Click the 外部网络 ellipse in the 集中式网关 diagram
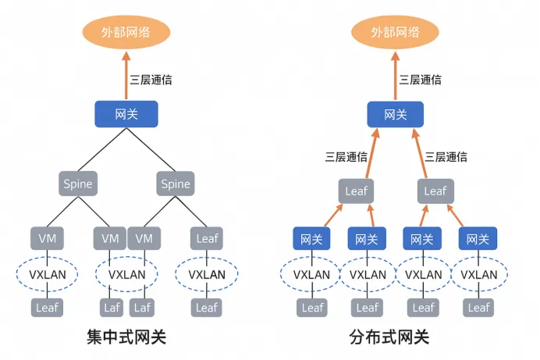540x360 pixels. click(x=126, y=33)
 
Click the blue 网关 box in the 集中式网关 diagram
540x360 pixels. click(x=126, y=115)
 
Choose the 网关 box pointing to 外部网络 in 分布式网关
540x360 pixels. click(x=395, y=115)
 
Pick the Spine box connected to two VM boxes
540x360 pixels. click(x=77, y=184)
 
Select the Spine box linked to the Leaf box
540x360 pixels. click(x=175, y=184)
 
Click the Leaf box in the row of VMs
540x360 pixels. click(x=207, y=238)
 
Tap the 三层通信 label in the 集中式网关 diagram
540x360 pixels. click(x=151, y=79)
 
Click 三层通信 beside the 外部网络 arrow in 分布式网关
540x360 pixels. click(x=421, y=79)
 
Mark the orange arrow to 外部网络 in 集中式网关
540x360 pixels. click(x=126, y=78)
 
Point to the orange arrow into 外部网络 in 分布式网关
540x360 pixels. click(x=395, y=78)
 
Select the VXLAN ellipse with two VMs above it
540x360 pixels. click(x=127, y=274)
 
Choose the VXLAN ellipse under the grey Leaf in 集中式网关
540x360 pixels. click(x=207, y=274)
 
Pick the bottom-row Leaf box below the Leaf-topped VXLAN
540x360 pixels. click(x=207, y=307)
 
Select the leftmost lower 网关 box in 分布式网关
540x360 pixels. click(x=312, y=238)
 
